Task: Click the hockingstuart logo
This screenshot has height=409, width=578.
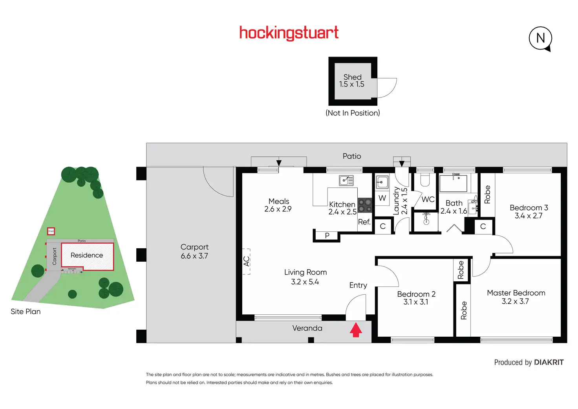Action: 289,33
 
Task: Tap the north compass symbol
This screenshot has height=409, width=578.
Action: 541,38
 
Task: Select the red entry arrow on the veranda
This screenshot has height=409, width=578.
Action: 356,330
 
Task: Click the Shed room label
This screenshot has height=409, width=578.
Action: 352,77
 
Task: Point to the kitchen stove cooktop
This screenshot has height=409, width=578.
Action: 365,205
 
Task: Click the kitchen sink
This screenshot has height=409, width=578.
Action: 346,180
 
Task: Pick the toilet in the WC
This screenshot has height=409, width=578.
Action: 425,180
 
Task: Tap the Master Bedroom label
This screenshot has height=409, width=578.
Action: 516,293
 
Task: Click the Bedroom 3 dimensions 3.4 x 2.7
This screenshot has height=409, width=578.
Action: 529,216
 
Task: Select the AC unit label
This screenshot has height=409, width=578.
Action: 246,261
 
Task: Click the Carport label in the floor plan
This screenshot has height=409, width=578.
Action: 194,247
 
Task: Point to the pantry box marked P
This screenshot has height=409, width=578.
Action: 327,236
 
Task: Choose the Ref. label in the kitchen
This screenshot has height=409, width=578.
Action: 364,222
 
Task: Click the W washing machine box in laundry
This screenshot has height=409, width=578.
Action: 382,198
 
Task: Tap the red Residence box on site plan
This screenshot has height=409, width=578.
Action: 87,256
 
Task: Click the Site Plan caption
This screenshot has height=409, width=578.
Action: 26,312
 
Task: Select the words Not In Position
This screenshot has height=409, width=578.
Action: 353,113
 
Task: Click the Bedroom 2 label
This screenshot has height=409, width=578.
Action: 416,294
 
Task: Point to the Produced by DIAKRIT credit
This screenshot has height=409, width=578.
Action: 529,362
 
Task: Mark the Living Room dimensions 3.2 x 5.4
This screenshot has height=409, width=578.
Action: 305,282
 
